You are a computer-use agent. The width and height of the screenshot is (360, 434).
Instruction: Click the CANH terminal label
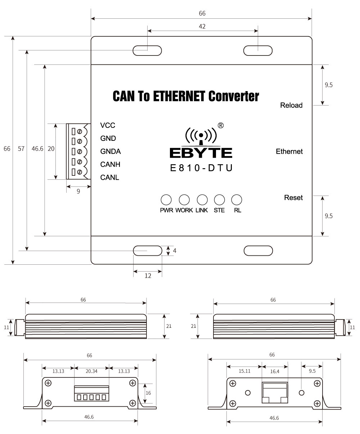point(110,165)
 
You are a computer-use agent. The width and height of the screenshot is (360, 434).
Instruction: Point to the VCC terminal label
point(108,126)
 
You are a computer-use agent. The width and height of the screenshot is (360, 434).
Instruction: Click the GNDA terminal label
point(111,152)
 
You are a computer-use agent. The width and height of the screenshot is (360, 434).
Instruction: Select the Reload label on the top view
point(291,106)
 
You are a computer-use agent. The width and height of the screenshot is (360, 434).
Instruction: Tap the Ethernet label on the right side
point(289,152)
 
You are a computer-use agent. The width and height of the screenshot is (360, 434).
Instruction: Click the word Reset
point(293,198)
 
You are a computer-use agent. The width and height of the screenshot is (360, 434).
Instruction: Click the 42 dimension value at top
point(202,26)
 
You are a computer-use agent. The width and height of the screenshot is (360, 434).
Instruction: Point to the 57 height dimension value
point(21,149)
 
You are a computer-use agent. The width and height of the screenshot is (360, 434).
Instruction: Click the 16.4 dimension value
point(274,371)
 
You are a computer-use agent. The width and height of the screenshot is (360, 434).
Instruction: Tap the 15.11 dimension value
point(244,371)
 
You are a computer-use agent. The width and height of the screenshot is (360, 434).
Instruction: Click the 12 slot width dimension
point(148,276)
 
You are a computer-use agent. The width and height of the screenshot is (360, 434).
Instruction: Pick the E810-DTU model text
point(201,168)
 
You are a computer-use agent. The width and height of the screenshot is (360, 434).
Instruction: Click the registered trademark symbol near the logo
point(221,125)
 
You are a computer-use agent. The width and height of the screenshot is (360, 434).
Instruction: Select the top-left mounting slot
point(147,51)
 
